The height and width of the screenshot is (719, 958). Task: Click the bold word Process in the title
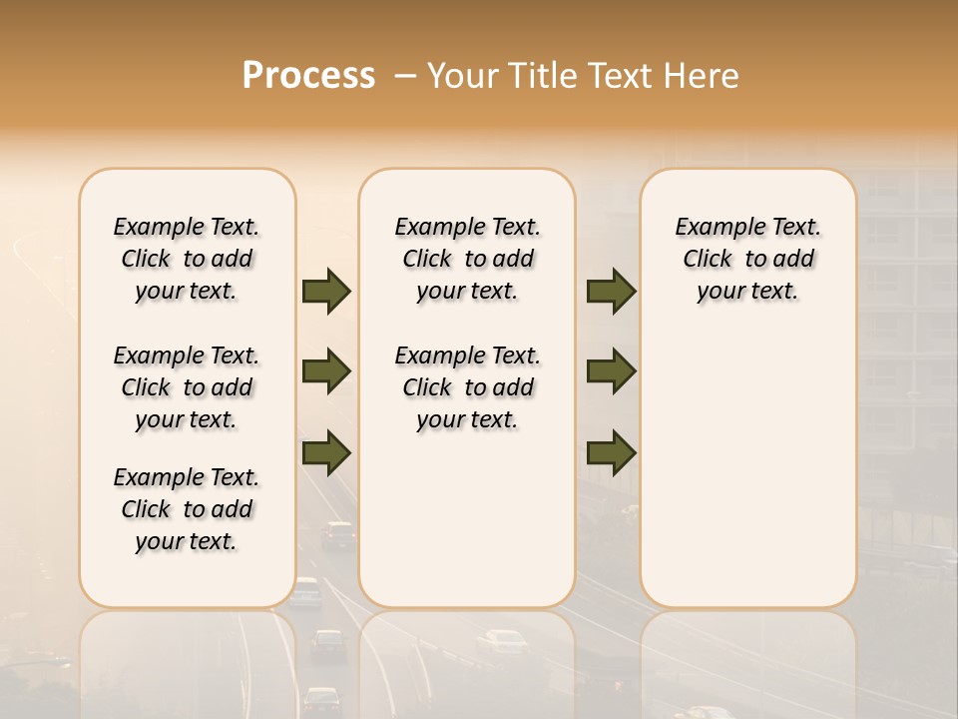click(308, 76)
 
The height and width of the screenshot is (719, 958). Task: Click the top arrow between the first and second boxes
click(326, 292)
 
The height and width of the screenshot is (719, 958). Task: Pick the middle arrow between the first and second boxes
click(326, 371)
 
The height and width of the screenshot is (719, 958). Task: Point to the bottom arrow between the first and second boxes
click(326, 452)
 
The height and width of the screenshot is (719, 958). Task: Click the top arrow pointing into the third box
click(611, 292)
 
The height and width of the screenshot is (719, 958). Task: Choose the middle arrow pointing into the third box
click(611, 371)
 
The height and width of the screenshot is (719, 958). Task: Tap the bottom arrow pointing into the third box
click(611, 452)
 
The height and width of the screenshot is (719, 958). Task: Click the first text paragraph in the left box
click(187, 259)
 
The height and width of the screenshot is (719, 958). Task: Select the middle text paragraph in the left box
click(187, 387)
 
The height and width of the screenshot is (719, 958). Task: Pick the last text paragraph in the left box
click(187, 509)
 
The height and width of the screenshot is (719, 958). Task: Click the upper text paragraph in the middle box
click(467, 259)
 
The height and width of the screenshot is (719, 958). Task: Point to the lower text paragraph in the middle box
click(467, 387)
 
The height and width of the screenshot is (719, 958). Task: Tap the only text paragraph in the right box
click(747, 259)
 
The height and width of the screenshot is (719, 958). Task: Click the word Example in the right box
click(714, 228)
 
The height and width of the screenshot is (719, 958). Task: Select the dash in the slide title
click(405, 76)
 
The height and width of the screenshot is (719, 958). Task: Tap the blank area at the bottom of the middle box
click(467, 529)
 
